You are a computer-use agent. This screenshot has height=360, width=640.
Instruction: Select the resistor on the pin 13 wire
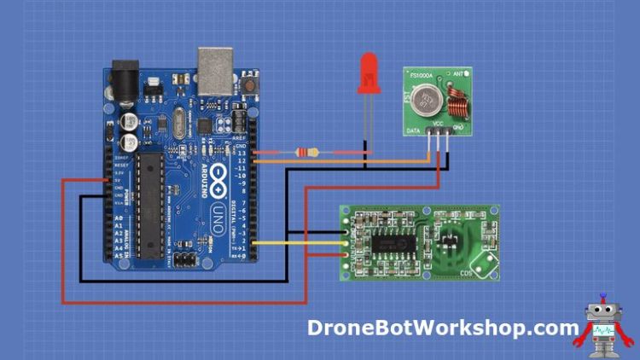[306, 153]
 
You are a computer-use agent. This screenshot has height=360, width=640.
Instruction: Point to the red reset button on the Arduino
[250, 86]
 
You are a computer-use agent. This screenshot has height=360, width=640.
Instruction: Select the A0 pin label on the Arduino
[119, 219]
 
